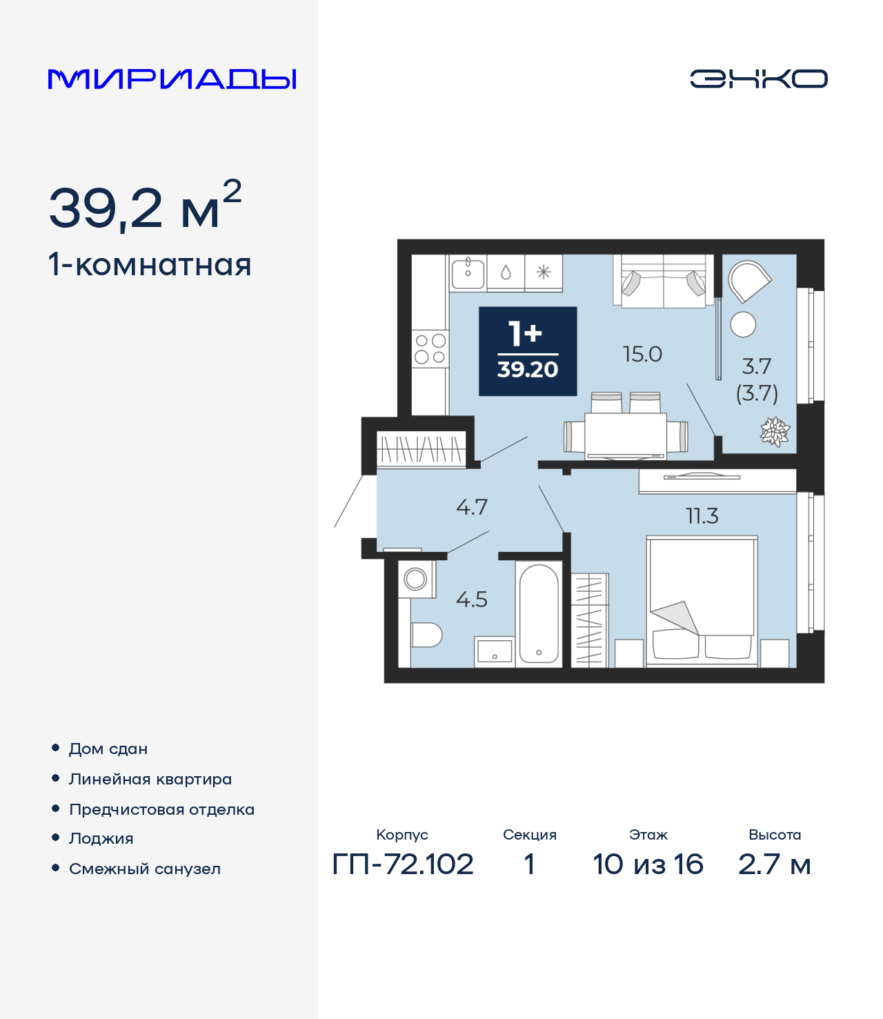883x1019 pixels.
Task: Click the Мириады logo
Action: pyautogui.click(x=172, y=79)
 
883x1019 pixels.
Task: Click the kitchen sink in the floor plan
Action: pyautogui.click(x=468, y=273)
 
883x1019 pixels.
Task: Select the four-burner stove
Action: pyautogui.click(x=430, y=348)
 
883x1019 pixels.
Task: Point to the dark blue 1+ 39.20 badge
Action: pyautogui.click(x=528, y=351)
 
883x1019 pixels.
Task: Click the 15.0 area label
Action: pyautogui.click(x=642, y=355)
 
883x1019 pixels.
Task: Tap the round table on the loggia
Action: pyautogui.click(x=742, y=324)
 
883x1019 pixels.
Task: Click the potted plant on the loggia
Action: pyautogui.click(x=775, y=432)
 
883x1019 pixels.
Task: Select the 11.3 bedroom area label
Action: pyautogui.click(x=702, y=516)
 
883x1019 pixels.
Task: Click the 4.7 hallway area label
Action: pyautogui.click(x=472, y=507)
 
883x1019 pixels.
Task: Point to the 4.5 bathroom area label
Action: pyautogui.click(x=472, y=600)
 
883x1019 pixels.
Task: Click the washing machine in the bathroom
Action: pyautogui.click(x=417, y=579)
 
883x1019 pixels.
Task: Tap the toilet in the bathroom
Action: pyautogui.click(x=426, y=635)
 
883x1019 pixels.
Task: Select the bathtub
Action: pyautogui.click(x=539, y=614)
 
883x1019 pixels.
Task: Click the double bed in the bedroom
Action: pyautogui.click(x=702, y=602)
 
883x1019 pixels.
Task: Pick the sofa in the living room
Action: pyautogui.click(x=664, y=281)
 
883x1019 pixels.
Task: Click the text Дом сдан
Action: pyautogui.click(x=108, y=749)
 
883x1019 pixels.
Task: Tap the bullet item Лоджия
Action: pyautogui.click(x=101, y=838)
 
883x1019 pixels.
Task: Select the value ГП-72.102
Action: pyautogui.click(x=403, y=864)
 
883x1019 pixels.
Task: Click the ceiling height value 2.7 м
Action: pyautogui.click(x=775, y=864)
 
